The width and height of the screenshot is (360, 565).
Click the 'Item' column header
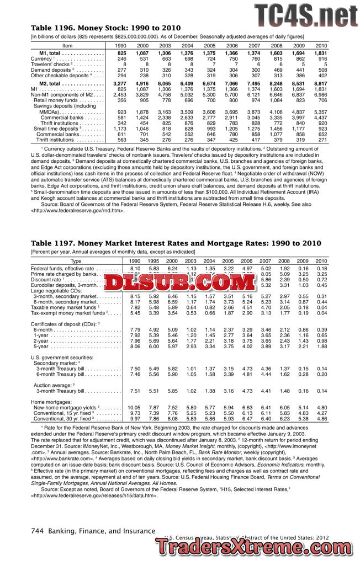(x=67, y=45)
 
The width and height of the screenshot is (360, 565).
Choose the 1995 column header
(x=153, y=260)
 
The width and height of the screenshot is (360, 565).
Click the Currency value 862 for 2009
(x=300, y=58)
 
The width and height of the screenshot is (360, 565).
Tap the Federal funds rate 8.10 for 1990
(x=134, y=268)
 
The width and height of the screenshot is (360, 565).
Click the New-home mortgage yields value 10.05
(x=134, y=407)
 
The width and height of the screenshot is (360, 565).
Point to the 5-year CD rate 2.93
(x=191, y=346)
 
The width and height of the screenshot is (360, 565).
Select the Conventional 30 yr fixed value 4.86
(x=321, y=419)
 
